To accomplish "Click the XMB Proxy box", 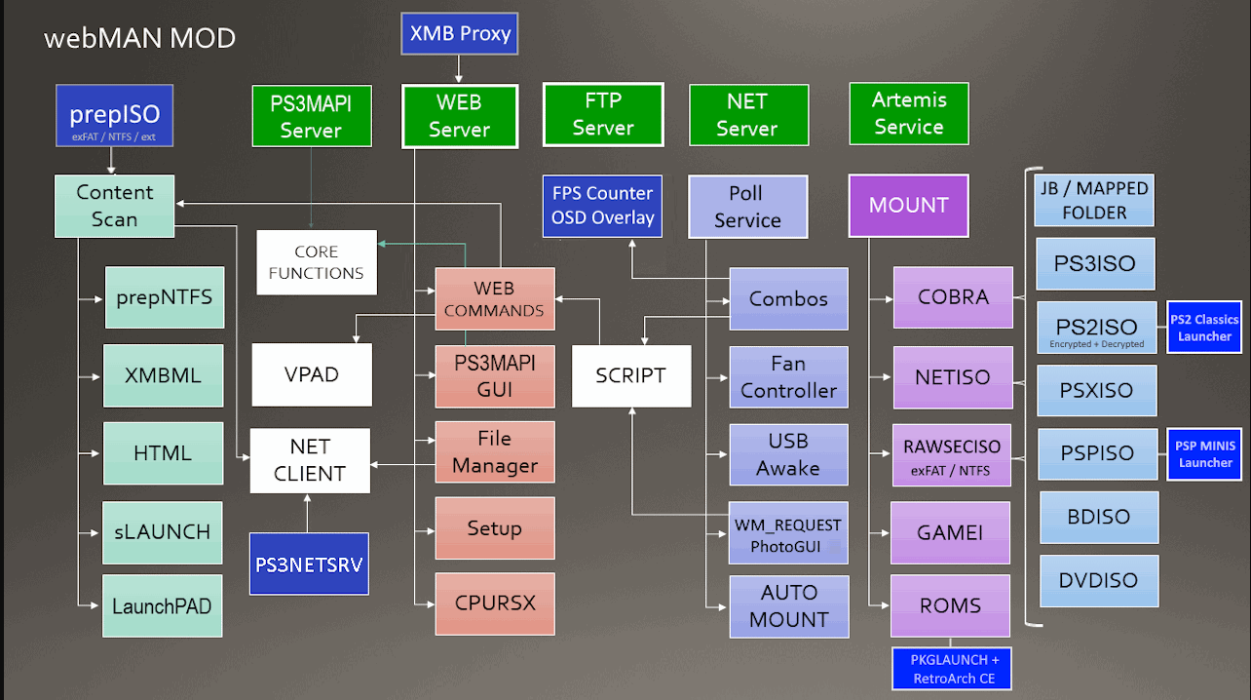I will [x=460, y=33].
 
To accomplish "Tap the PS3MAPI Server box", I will [x=311, y=116].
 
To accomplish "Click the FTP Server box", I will [x=603, y=114].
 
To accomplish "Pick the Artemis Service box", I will [x=908, y=113].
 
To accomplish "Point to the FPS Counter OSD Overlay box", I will [x=602, y=206].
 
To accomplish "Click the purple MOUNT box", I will [x=908, y=206].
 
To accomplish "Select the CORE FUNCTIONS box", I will [x=316, y=262].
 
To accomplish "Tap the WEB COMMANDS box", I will [x=494, y=299].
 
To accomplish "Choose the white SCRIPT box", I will [x=630, y=375].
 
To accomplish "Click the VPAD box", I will [x=312, y=374].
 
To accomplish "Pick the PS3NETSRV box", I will [x=309, y=564].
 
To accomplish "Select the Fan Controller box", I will [x=788, y=377].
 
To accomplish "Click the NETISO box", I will [x=952, y=376].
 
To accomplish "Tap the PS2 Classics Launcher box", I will [x=1204, y=328].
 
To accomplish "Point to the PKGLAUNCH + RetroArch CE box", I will [x=952, y=669].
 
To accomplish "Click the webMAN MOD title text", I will [x=139, y=39].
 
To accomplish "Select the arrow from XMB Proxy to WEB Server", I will [x=459, y=68].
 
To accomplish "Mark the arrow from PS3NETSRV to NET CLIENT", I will [x=308, y=513].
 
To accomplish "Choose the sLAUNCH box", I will [x=163, y=532].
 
